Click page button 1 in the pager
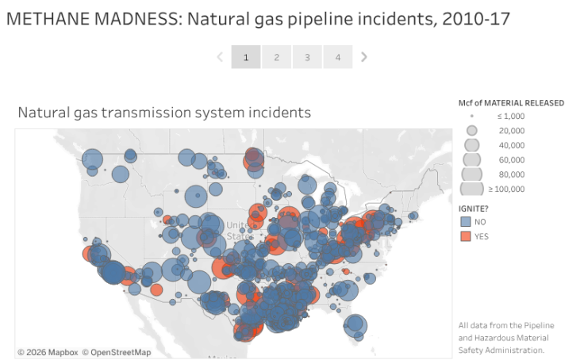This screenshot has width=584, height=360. (246, 57)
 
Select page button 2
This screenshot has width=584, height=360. (276, 57)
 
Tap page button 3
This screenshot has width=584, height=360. (307, 57)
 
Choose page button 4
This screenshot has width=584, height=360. (337, 57)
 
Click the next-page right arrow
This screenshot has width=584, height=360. (364, 57)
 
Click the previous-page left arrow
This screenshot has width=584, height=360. (220, 57)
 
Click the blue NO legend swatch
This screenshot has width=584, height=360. (465, 221)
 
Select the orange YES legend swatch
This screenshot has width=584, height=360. (465, 236)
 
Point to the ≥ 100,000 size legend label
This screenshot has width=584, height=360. (506, 189)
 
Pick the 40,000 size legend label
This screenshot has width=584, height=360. (511, 145)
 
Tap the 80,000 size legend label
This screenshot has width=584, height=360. (511, 174)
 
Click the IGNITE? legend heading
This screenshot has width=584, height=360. (474, 207)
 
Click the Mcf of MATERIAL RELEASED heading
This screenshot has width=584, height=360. (511, 103)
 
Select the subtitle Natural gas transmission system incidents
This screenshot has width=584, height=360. (164, 113)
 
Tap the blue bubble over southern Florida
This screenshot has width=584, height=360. (355, 325)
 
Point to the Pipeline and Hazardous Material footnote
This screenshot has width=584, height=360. (505, 337)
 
